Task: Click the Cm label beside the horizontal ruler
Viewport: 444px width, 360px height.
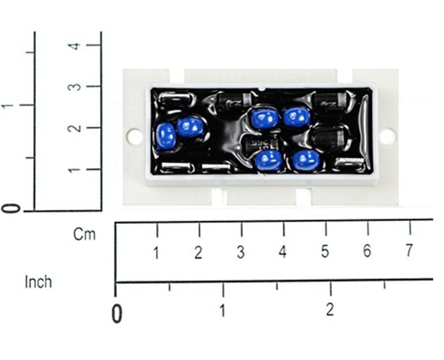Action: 84,234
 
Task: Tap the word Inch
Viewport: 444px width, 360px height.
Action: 38,282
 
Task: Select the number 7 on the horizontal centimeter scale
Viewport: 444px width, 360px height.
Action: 409,251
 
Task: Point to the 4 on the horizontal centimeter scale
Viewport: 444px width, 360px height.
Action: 282,252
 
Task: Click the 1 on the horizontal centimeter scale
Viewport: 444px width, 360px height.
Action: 156,253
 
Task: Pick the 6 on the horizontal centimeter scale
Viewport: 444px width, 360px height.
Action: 367,251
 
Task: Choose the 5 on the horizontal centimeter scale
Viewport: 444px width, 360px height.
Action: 325,252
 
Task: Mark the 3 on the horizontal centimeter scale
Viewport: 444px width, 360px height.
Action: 240,253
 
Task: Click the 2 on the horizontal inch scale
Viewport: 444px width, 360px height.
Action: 330,310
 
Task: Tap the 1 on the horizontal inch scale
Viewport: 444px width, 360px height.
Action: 223,311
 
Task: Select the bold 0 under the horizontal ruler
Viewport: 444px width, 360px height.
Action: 117,313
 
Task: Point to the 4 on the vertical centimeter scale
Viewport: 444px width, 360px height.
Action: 73,45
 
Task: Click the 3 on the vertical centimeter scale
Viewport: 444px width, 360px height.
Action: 73,86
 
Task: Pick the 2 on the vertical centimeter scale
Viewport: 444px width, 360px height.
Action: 73,128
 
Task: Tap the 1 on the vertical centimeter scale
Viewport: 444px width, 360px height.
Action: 73,169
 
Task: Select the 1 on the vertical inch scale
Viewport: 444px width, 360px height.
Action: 7,106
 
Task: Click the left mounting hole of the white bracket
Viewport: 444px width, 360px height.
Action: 134,136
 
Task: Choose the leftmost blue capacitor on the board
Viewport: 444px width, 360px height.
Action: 166,136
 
